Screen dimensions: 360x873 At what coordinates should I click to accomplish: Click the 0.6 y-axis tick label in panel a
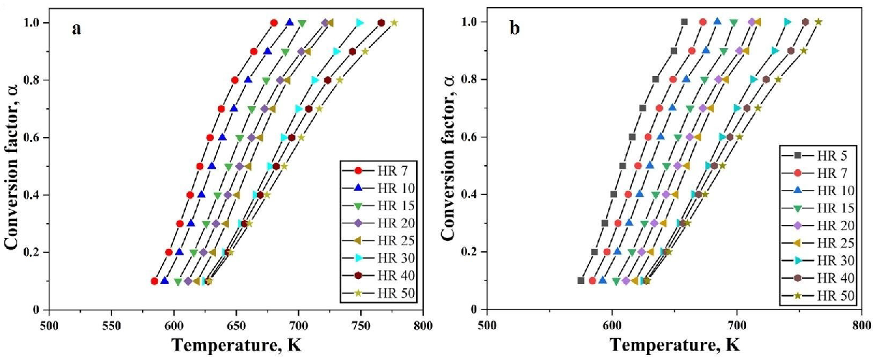32,138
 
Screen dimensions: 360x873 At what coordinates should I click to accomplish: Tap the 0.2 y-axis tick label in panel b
471,252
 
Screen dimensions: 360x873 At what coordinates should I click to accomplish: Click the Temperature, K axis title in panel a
236,346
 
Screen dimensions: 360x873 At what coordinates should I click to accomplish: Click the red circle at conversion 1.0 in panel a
273,23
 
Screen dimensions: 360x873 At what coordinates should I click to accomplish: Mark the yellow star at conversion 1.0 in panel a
394,23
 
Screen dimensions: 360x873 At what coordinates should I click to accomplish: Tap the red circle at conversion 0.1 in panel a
154,281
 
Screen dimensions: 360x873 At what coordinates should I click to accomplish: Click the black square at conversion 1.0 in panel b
684,22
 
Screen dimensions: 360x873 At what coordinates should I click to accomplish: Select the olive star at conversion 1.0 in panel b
818,22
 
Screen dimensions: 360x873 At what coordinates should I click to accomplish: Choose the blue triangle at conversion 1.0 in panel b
717,22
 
